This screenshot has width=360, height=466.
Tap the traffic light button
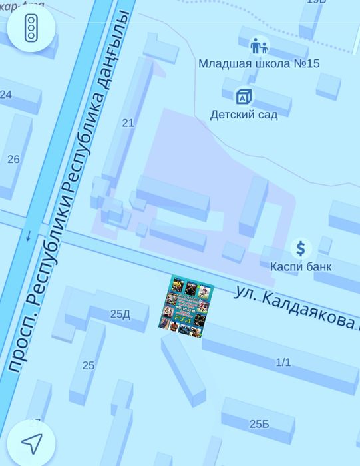point(31,27)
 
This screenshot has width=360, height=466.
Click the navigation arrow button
point(31,443)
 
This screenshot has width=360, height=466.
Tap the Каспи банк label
point(300,266)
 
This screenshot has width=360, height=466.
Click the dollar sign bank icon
point(301,248)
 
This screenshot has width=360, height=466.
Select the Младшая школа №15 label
point(259,63)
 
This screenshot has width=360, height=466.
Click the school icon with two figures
point(259,46)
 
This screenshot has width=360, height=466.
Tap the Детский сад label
point(244,115)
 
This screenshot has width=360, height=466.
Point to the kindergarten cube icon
point(244,97)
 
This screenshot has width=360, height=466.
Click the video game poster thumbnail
point(186,305)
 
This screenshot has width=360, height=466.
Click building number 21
point(128,123)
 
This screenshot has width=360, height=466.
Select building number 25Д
point(120,314)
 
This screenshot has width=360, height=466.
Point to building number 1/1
point(283,363)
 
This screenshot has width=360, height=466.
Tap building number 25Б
point(259,424)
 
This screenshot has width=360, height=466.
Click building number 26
point(13,160)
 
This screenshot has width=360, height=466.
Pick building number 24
point(6,95)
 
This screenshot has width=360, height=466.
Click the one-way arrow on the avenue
point(28,236)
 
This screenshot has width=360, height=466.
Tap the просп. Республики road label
point(37,293)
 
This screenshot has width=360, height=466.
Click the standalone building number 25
point(89,365)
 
